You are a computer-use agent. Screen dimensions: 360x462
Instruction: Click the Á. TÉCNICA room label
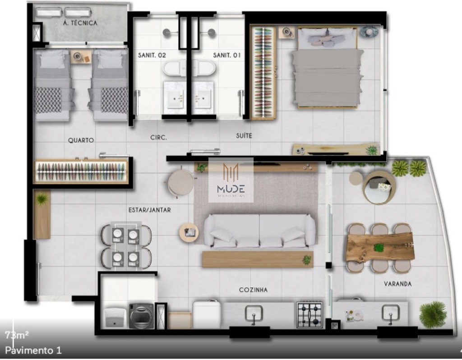point(80,23)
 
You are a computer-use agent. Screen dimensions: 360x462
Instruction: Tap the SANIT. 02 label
point(152,55)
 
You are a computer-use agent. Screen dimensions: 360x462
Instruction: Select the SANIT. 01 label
point(227,55)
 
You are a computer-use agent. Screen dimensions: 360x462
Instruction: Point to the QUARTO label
point(81,140)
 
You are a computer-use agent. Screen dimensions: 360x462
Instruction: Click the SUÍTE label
point(244,135)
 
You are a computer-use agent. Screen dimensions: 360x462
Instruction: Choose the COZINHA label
point(253,290)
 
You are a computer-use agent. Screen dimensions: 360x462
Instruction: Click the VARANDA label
point(397,284)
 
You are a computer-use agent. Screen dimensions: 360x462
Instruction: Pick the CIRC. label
point(158,138)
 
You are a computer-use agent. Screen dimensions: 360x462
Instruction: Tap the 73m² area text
point(17,335)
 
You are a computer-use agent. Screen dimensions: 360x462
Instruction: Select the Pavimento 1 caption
point(33,350)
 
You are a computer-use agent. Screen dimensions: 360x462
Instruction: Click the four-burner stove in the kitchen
point(310,314)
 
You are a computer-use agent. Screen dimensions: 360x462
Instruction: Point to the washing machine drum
point(142,315)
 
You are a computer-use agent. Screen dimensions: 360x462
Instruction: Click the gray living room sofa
point(259,231)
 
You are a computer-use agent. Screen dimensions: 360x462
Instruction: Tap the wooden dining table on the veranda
point(380,247)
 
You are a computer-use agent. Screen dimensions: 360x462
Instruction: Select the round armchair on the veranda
point(379,187)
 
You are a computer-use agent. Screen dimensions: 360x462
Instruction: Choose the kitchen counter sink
point(254,313)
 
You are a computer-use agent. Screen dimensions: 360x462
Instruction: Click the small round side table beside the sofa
point(189,232)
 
